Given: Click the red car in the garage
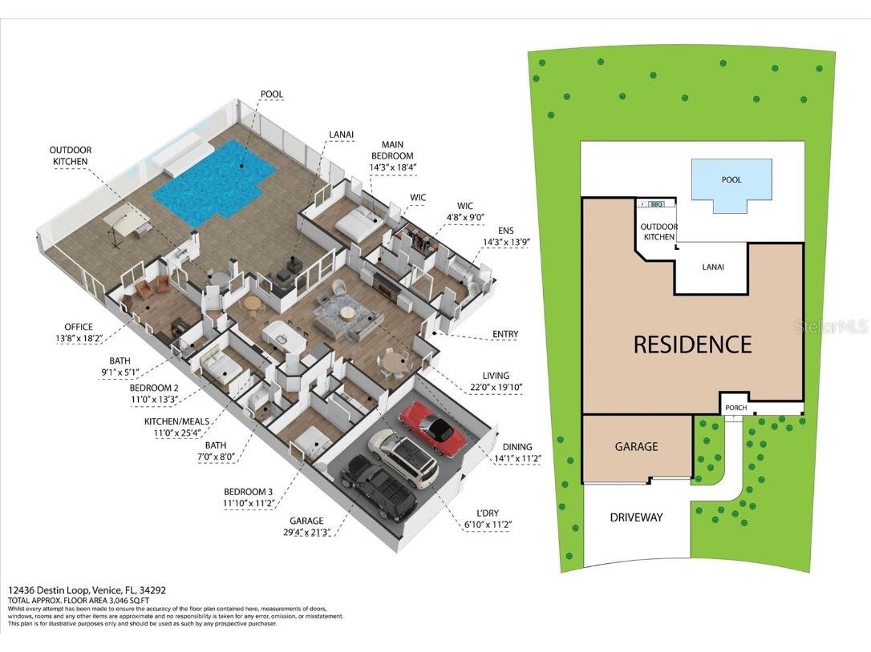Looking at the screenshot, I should tap(432, 429).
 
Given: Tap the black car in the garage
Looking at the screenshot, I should tap(379, 489).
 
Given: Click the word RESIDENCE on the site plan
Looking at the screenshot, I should tap(692, 344).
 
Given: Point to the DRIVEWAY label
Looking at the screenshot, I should tap(636, 517).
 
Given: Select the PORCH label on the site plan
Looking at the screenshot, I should tap(735, 408).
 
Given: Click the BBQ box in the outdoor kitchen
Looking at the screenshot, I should tap(657, 204).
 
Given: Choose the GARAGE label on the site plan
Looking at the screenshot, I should tap(636, 447).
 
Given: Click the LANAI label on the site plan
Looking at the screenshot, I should tap(712, 267).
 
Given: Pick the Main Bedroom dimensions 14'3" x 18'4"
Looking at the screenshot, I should tap(392, 167).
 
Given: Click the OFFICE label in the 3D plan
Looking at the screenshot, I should tap(79, 327).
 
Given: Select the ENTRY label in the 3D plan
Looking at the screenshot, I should tap(505, 335).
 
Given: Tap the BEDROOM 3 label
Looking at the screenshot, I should tap(249, 492).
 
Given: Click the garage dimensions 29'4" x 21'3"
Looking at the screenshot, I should tap(307, 532).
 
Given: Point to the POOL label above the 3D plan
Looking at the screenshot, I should tap(272, 95).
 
